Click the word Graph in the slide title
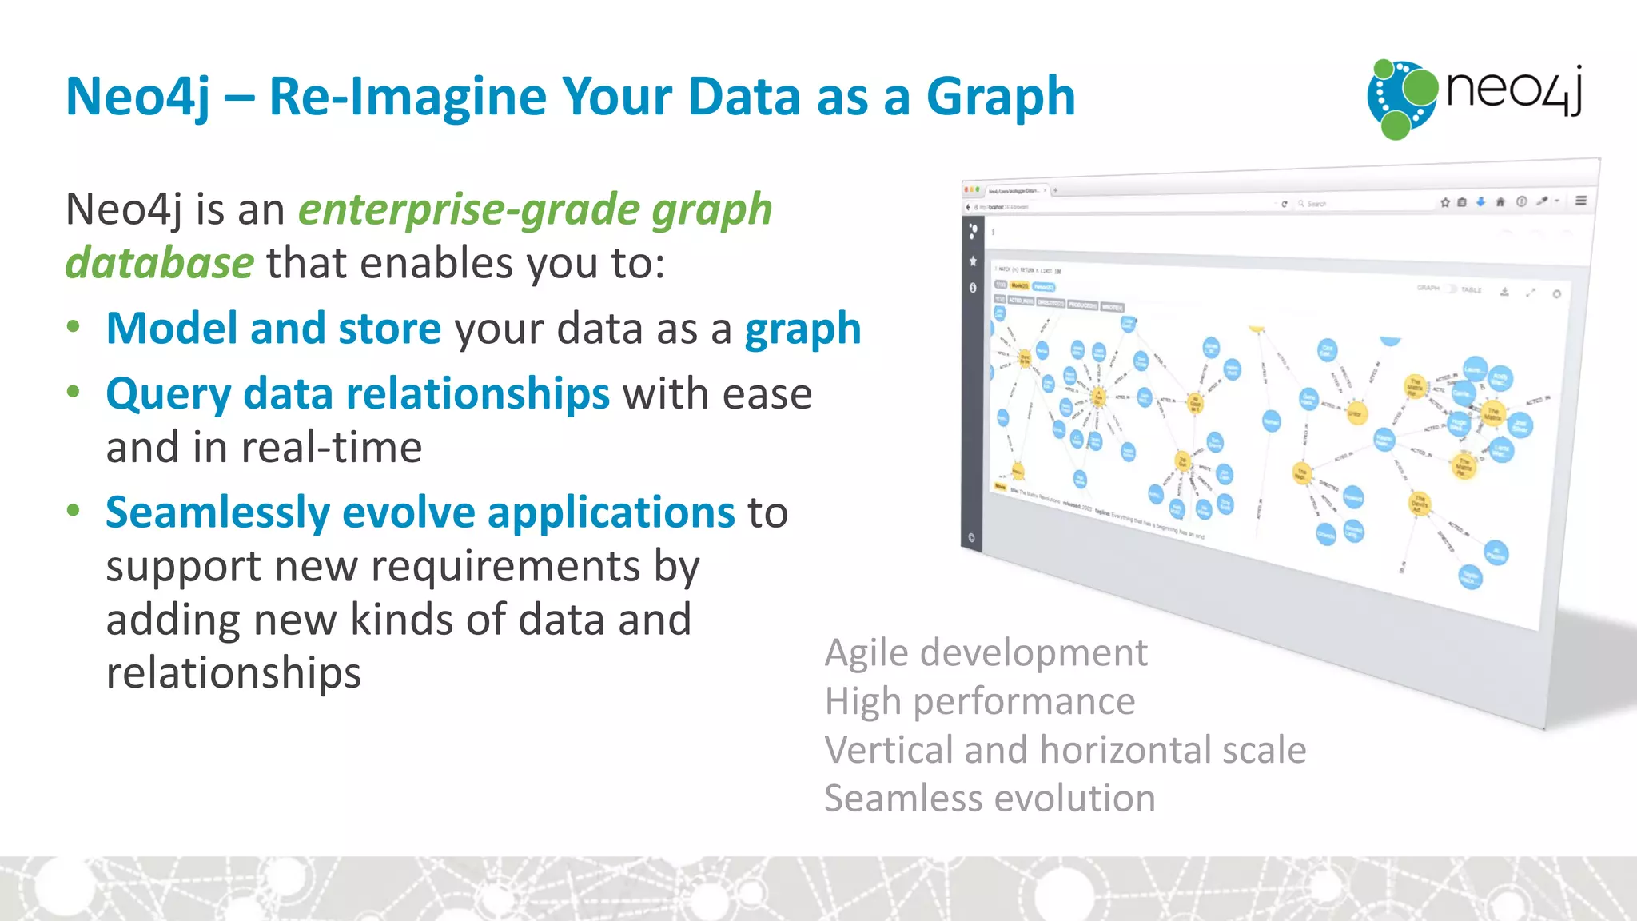pos(1000,98)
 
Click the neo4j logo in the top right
pos(1475,98)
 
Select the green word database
pos(160,263)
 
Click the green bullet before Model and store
pos(74,326)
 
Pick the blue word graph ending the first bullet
pos(803,329)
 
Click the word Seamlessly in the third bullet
pos(217,512)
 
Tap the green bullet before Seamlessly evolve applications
pos(74,510)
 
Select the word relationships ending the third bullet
pos(233,673)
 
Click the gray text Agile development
pos(986,652)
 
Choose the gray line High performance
pos(979,701)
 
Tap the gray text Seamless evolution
pos(990,799)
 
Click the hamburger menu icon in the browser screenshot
pos(1580,201)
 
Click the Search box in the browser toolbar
pos(1327,204)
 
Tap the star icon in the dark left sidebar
pos(973,261)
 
